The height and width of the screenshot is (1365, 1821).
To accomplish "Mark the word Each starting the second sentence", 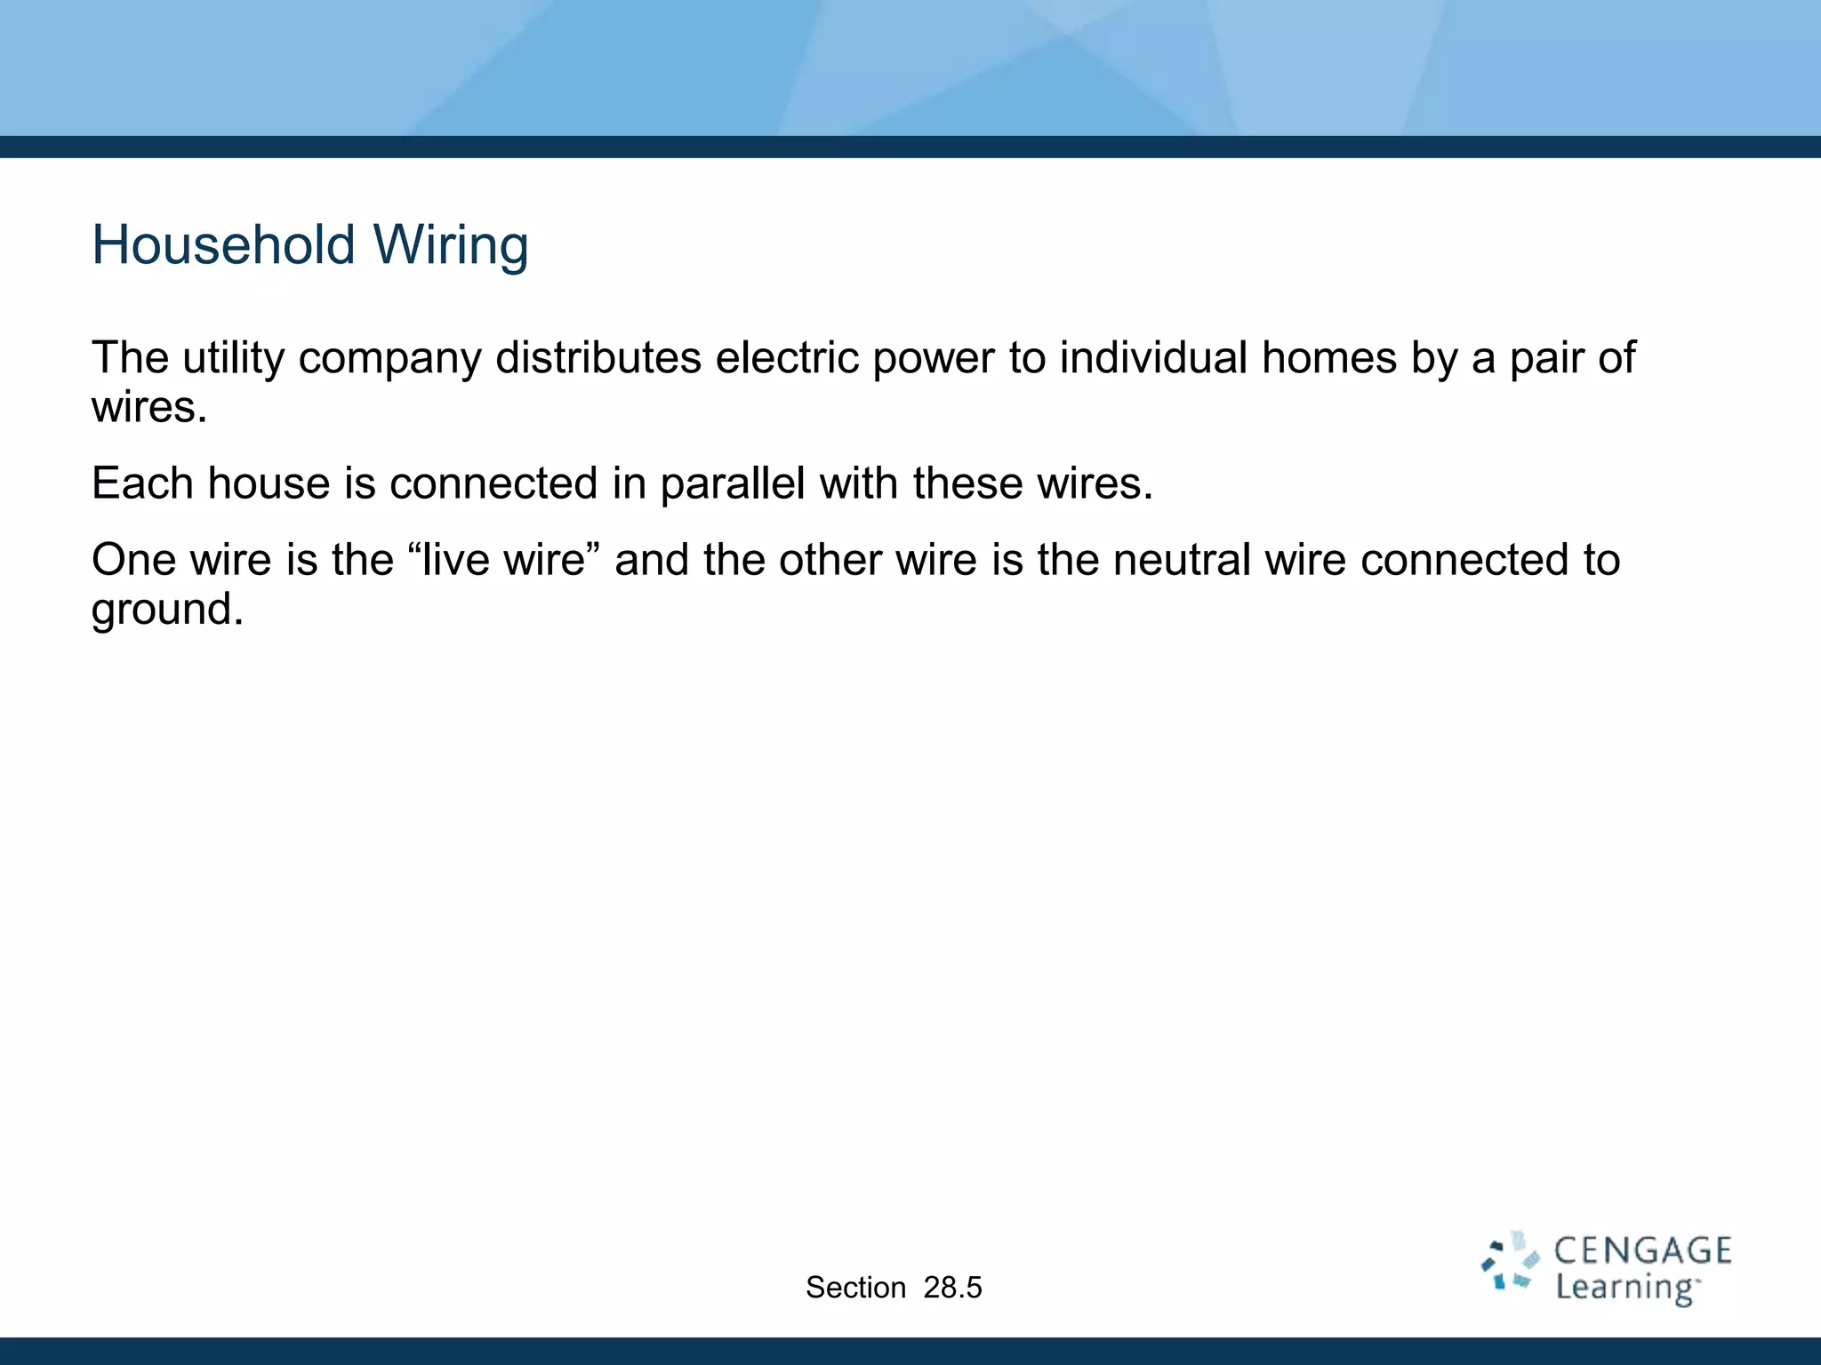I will [142, 484].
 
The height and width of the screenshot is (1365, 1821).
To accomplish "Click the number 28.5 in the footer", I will [952, 1288].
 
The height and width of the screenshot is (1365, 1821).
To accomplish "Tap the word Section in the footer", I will [855, 1288].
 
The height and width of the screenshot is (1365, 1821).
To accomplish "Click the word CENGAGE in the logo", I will [1642, 1251].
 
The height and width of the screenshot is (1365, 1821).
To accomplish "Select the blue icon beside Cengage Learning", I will [1510, 1262].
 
